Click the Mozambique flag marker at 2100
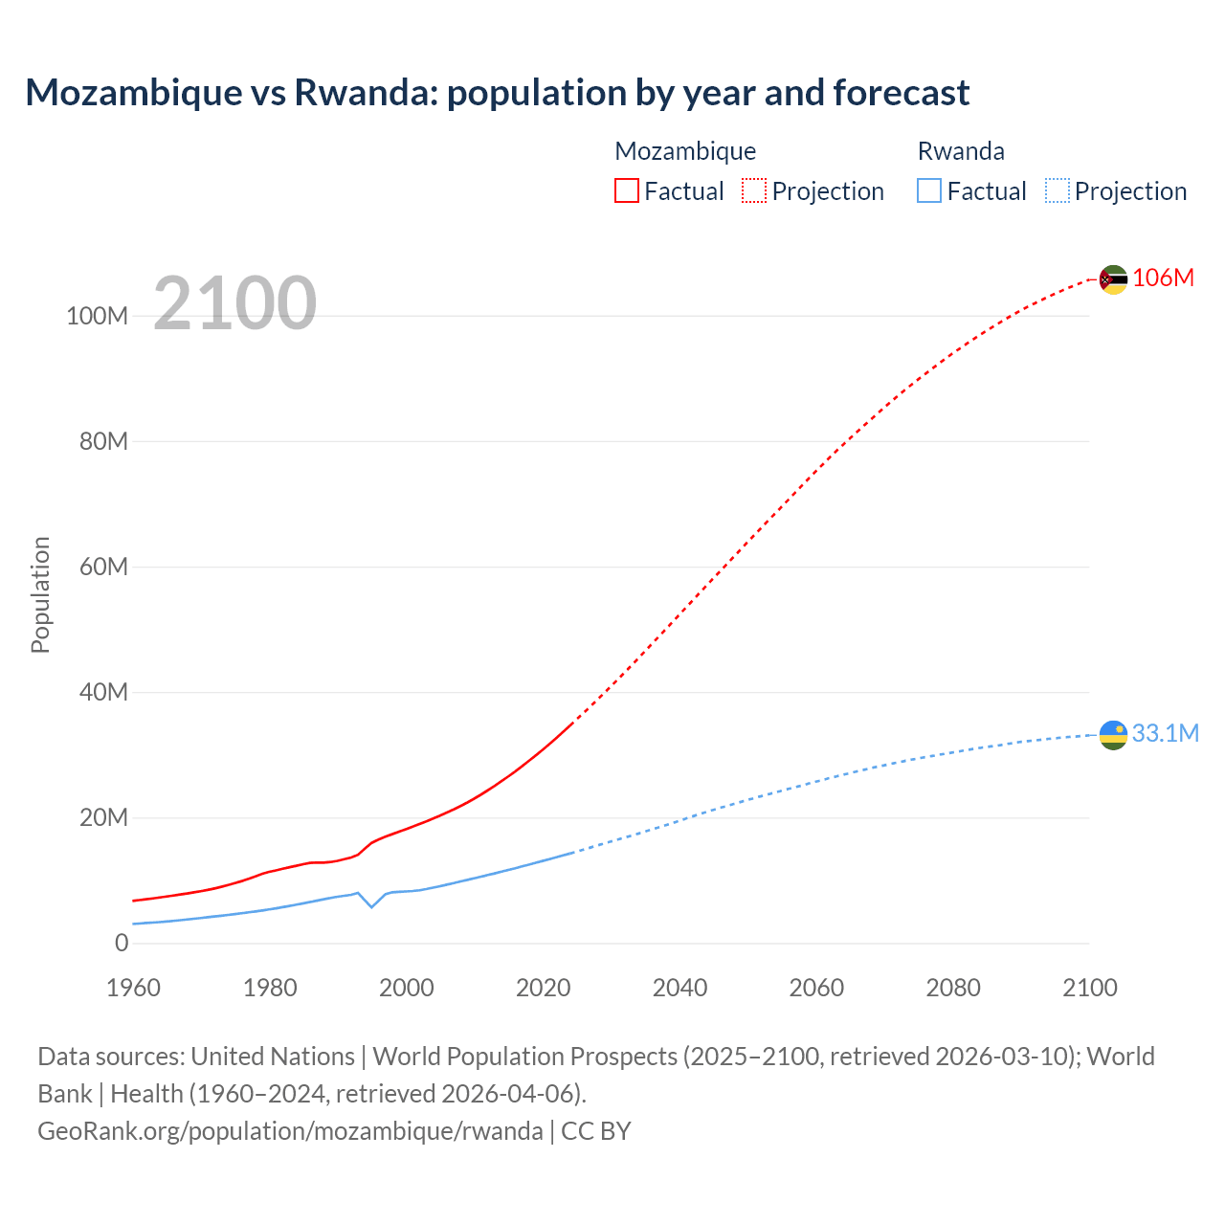pos(1113,279)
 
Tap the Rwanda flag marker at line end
pos(1113,735)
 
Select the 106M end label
pos(1163,278)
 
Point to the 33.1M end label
pos(1165,733)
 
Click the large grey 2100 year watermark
pos(234,302)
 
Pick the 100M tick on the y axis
pos(97,316)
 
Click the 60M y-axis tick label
pos(103,567)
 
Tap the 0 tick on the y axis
pos(122,943)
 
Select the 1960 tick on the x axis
pos(133,988)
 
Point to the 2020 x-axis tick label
pos(543,988)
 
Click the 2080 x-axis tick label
pos(952,988)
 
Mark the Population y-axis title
pos(40,594)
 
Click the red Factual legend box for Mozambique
pos(626,190)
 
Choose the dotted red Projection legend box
pos(754,190)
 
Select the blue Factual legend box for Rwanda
pos(929,190)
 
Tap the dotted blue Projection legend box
pos(1058,190)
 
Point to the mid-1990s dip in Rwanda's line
pos(371,905)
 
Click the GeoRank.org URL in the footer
pos(290,1130)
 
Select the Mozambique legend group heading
pos(685,151)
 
